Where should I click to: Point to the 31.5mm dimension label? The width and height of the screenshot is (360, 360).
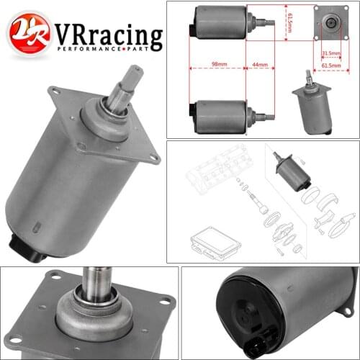(x=330, y=53)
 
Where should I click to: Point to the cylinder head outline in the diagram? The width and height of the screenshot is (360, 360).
(x=216, y=173)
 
